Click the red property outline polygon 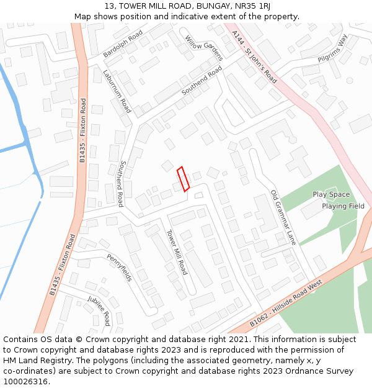click(183, 179)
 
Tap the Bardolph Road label click(123, 43)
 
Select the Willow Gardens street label click(203, 48)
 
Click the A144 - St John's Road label click(254, 56)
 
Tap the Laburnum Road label click(117, 92)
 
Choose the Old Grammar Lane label click(283, 217)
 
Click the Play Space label click(331, 194)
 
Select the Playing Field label click(343, 206)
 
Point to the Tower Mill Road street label click(176, 252)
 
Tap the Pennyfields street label click(119, 267)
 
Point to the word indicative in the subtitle click(179, 16)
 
